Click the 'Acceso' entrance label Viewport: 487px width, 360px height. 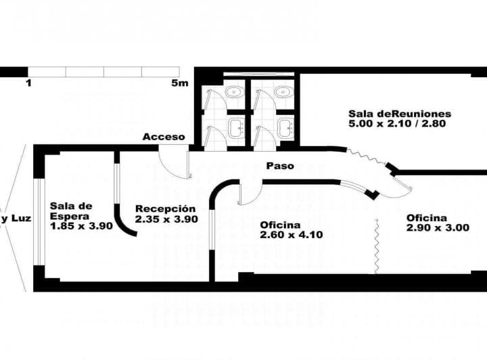pos(164,137)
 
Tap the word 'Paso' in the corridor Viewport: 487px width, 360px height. pos(279,165)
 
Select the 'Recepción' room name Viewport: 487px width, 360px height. pos(166,208)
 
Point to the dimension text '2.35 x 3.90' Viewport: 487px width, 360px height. pos(166,219)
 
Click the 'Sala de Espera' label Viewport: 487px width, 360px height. pos(70,210)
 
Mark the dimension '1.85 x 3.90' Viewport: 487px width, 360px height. pos(81,226)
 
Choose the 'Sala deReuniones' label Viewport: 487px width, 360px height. pos(400,114)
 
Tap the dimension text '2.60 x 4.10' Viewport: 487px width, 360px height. pos(291,235)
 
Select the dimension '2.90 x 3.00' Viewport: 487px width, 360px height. pos(438,228)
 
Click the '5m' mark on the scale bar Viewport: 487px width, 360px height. pos(179,83)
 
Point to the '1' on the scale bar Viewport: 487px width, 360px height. pos(28,83)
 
